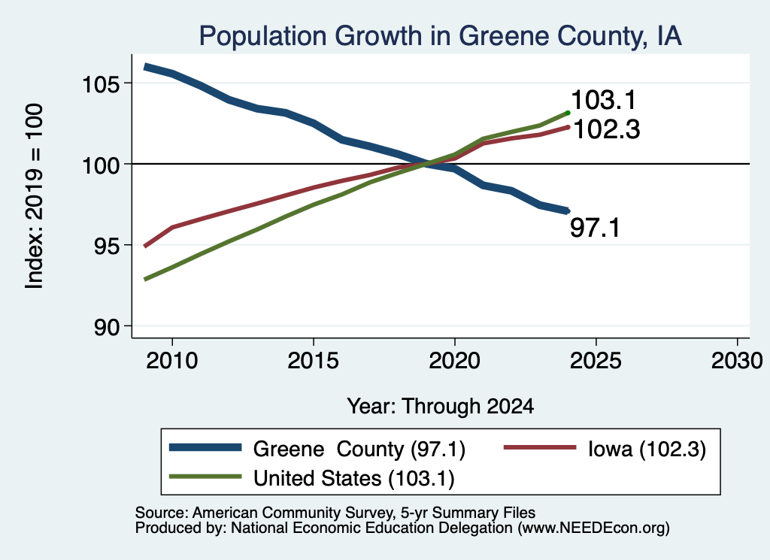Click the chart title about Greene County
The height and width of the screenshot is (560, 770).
point(440,36)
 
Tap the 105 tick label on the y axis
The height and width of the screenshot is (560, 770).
point(101,84)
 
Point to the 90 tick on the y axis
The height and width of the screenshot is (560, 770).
point(107,328)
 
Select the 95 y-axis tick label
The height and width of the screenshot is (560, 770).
point(107,247)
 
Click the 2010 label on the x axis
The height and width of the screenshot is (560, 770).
point(172,361)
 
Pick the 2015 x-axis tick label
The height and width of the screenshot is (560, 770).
point(314,361)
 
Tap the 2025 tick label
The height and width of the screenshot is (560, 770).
point(596,361)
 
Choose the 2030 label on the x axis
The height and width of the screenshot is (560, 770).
point(737,361)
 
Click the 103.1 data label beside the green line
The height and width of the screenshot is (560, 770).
point(604,100)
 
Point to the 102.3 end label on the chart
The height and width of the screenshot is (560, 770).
point(607,129)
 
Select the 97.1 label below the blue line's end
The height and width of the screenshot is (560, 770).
point(596,229)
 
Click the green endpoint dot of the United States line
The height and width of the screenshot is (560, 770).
point(568,113)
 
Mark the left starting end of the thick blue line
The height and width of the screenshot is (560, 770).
point(145,67)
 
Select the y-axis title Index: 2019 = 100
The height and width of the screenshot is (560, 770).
point(34,196)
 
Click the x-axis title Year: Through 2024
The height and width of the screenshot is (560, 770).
point(441,406)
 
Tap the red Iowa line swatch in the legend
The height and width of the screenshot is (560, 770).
point(540,447)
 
